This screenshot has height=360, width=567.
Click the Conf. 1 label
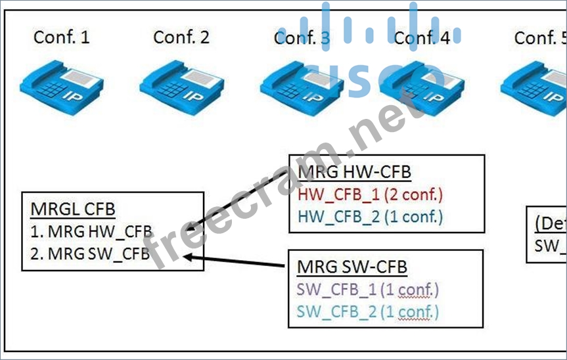pyautogui.click(x=61, y=37)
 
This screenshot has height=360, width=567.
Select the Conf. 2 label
pyautogui.click(x=181, y=37)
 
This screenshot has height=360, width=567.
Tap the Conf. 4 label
pyautogui.click(x=422, y=37)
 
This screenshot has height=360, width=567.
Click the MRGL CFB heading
pyautogui.click(x=73, y=210)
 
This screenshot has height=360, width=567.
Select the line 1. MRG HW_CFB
pyautogui.click(x=91, y=231)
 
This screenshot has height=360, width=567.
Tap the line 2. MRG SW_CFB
pyautogui.click(x=91, y=254)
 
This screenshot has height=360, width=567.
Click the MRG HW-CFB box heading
pyautogui.click(x=354, y=172)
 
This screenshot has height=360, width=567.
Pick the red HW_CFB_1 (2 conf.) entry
pyautogui.click(x=370, y=194)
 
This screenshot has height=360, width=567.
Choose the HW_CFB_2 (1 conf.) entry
pyautogui.click(x=370, y=216)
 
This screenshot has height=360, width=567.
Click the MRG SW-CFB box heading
pyautogui.click(x=352, y=267)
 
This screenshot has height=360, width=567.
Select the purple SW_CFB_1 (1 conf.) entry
pyautogui.click(x=367, y=289)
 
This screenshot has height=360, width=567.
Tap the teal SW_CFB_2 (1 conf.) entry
pyautogui.click(x=367, y=311)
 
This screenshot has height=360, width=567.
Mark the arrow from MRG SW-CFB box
pyautogui.click(x=237, y=261)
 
